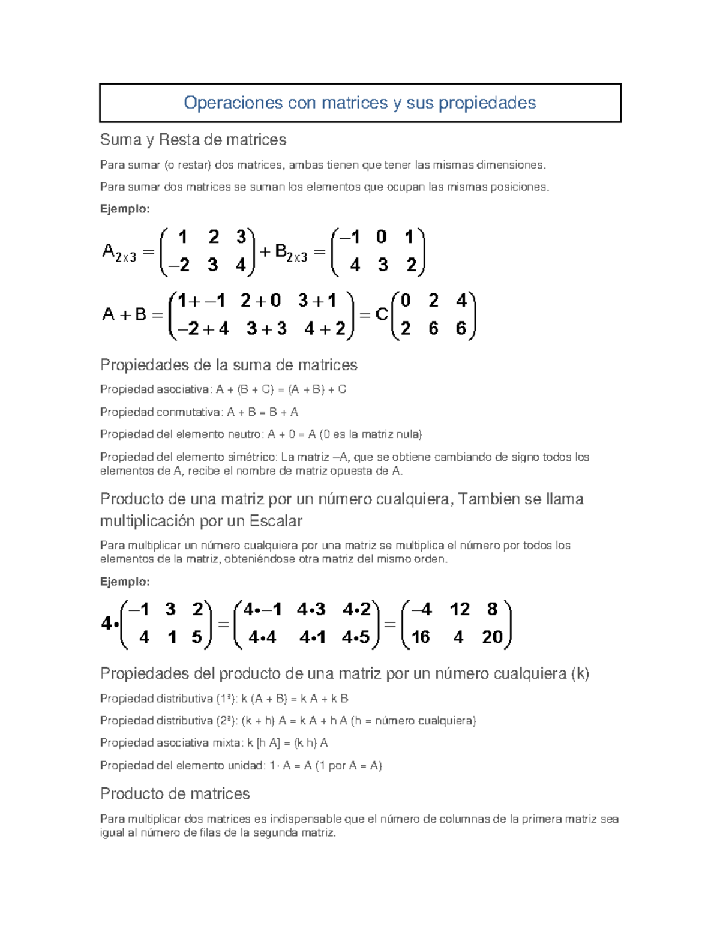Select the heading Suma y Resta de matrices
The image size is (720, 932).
pos(193,140)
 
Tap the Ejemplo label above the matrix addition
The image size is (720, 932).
pos(124,209)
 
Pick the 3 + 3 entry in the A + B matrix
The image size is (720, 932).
pos(266,329)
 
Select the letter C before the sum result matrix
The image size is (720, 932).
pos(382,314)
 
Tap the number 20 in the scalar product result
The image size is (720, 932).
pos(492,637)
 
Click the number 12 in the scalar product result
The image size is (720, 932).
pos(460,610)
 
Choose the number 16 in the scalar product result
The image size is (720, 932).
pos(421,637)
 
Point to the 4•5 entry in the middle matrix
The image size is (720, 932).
pos(356,637)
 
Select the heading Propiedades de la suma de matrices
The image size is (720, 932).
pos(229,365)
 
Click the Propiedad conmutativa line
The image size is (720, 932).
pos(199,412)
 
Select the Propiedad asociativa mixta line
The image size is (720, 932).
pos(214,743)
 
